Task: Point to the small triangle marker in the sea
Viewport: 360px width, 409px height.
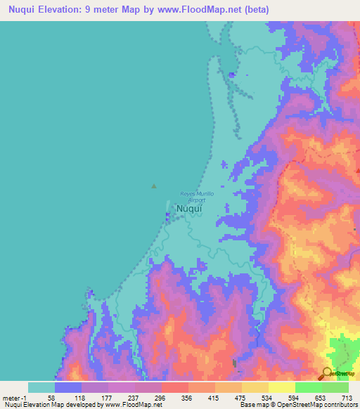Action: [x=154, y=186]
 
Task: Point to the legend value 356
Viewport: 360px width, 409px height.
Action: [x=188, y=397]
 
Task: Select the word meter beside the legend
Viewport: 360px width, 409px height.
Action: [x=11, y=397]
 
